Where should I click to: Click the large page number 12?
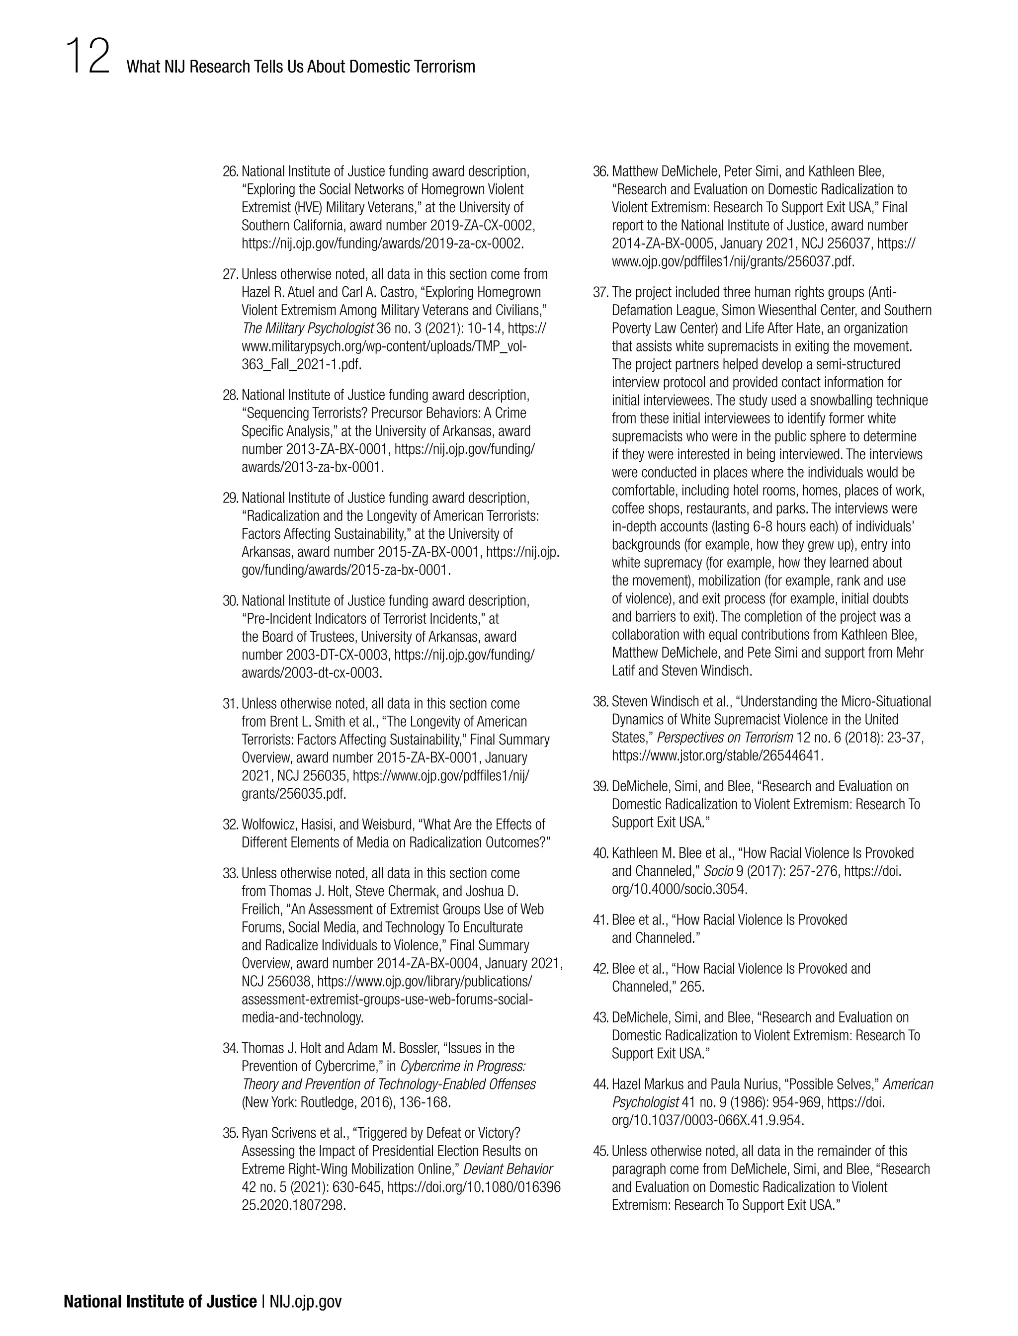88,56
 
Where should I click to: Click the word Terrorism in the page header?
444,67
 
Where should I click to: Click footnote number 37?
600,293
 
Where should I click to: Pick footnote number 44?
600,1084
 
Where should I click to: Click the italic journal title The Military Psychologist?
307,329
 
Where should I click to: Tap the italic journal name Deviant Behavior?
508,1169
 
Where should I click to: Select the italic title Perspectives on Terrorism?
725,738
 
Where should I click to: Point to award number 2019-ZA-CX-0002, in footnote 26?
482,225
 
